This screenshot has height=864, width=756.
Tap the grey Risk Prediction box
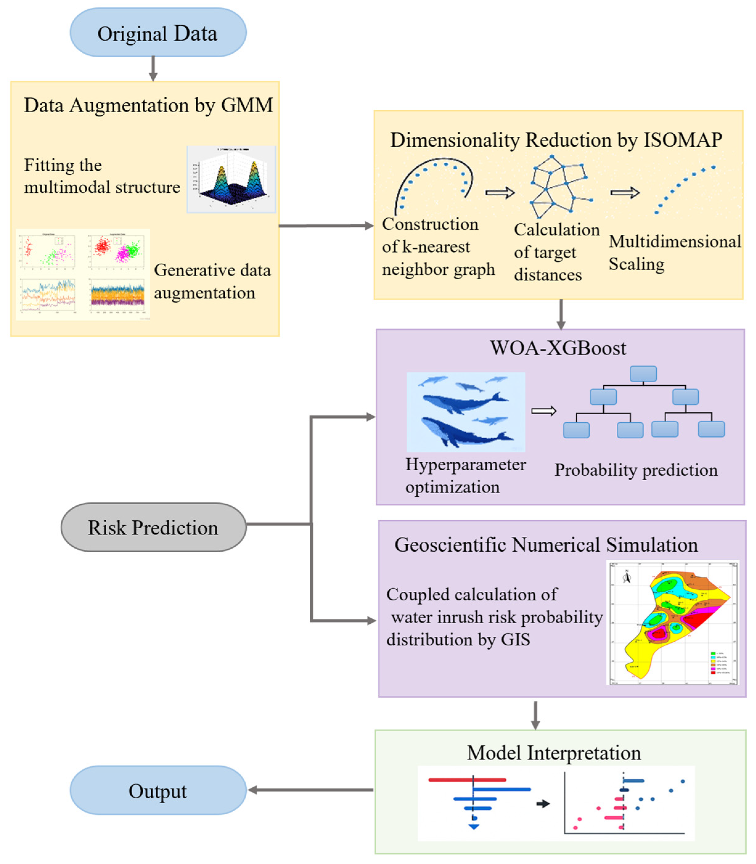[153, 527]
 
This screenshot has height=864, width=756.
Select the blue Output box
[158, 791]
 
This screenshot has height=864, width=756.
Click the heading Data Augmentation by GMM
[148, 105]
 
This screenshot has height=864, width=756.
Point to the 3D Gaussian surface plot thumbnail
[231, 179]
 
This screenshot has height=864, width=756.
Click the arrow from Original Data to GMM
[153, 68]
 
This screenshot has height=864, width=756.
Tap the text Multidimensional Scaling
[674, 253]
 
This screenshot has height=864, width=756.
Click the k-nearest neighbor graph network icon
[559, 185]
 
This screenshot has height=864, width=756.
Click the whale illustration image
[466, 412]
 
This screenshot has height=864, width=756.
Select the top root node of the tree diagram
[643, 374]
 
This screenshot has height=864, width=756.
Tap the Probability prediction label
[636, 470]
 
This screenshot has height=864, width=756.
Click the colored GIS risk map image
[672, 622]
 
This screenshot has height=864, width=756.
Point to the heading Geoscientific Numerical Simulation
[546, 545]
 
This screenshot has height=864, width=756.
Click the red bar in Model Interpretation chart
[467, 780]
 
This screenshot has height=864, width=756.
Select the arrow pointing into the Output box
[310, 790]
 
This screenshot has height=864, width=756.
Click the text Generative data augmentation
[212, 281]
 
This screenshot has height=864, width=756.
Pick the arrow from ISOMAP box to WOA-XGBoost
[561, 314]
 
